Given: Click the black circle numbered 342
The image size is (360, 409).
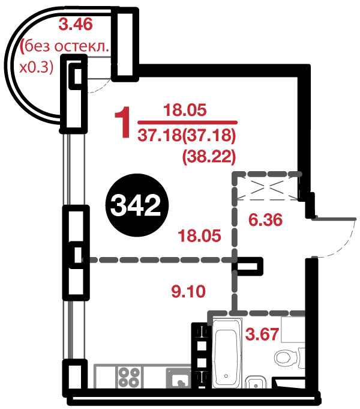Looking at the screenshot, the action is tap(137, 205).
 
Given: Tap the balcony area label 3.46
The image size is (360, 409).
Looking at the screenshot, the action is tap(76, 25).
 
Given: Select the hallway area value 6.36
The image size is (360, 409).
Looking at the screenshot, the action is tap(265, 219).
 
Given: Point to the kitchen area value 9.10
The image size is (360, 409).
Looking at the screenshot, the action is tap(188, 291).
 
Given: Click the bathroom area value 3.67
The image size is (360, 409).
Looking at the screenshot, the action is tap(262, 334).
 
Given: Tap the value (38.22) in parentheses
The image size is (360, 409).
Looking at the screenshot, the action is tap(209, 157).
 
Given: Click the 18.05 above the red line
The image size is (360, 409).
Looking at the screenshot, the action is tap(185, 110).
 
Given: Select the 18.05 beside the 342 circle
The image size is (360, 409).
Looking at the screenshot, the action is tap(199, 236).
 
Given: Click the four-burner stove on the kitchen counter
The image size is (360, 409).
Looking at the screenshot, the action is tap(129, 377).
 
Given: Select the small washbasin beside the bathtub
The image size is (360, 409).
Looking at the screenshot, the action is tap(256, 382).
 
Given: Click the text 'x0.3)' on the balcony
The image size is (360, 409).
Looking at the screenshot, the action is tap(37, 67).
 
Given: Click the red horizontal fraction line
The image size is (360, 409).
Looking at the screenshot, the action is tap(187, 122).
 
